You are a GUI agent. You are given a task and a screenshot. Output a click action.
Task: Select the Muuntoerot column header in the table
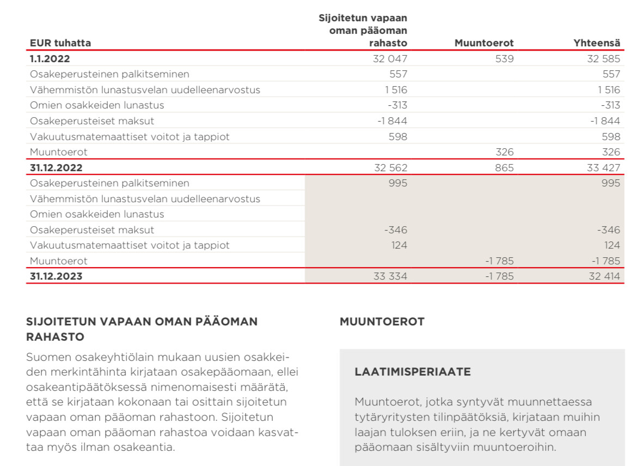(x=484, y=43)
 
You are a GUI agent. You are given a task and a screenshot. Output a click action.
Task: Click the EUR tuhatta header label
(x=60, y=43)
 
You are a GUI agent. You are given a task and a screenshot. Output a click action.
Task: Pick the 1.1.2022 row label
(x=50, y=59)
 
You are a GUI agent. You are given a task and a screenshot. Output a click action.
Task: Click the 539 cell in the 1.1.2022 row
(x=504, y=59)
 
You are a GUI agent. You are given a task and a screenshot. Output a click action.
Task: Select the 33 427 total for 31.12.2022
(x=603, y=168)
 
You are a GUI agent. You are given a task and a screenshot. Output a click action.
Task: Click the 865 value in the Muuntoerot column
(x=504, y=168)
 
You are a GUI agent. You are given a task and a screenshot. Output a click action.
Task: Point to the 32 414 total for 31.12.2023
(x=604, y=276)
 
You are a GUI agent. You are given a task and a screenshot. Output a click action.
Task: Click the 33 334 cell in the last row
(x=390, y=276)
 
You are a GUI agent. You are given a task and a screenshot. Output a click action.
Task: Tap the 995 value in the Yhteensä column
(x=611, y=183)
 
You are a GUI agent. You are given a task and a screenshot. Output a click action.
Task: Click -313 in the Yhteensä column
(x=610, y=105)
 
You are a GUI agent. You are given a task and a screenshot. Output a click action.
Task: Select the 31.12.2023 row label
(x=56, y=276)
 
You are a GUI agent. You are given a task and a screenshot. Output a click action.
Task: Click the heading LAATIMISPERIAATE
(x=412, y=372)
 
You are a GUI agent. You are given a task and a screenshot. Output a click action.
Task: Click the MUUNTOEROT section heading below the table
(x=382, y=322)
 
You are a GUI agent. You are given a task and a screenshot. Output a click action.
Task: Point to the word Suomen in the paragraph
(x=46, y=358)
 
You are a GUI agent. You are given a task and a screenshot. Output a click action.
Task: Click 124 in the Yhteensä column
(x=612, y=245)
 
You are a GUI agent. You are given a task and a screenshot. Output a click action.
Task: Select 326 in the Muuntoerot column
(x=504, y=152)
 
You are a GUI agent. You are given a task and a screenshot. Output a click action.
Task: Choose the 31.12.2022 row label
(x=56, y=168)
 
